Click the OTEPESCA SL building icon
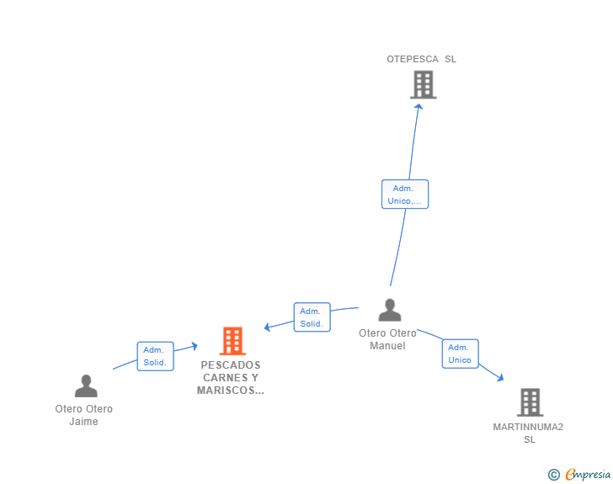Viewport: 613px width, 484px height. click(x=423, y=84)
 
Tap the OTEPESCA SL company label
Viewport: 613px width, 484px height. click(x=421, y=59)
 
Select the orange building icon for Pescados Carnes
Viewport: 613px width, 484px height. click(x=232, y=341)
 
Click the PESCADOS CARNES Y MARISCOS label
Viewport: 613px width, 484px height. click(x=231, y=378)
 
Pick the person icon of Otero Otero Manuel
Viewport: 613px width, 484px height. click(x=390, y=310)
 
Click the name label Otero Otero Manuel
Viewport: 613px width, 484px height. click(x=387, y=339)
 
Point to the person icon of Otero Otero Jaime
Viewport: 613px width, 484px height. click(x=86, y=386)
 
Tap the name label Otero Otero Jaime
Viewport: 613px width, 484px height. click(x=83, y=415)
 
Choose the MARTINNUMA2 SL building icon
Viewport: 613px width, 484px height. click(x=530, y=402)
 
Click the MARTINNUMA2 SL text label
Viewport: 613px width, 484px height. click(x=528, y=433)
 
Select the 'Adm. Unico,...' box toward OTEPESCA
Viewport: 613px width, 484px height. click(x=405, y=194)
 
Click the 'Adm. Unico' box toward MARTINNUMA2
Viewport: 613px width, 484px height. click(x=460, y=354)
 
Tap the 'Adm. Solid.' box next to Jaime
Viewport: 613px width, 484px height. click(x=155, y=356)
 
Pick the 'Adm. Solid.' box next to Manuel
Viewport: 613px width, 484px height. click(x=312, y=317)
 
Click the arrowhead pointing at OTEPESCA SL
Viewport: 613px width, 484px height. click(x=418, y=106)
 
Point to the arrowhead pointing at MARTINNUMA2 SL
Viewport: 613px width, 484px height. click(x=500, y=378)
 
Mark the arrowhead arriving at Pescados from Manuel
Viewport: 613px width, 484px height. click(x=268, y=327)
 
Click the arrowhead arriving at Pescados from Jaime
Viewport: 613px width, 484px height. click(x=195, y=346)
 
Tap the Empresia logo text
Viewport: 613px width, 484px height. click(x=588, y=474)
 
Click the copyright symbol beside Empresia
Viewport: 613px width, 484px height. click(x=554, y=475)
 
